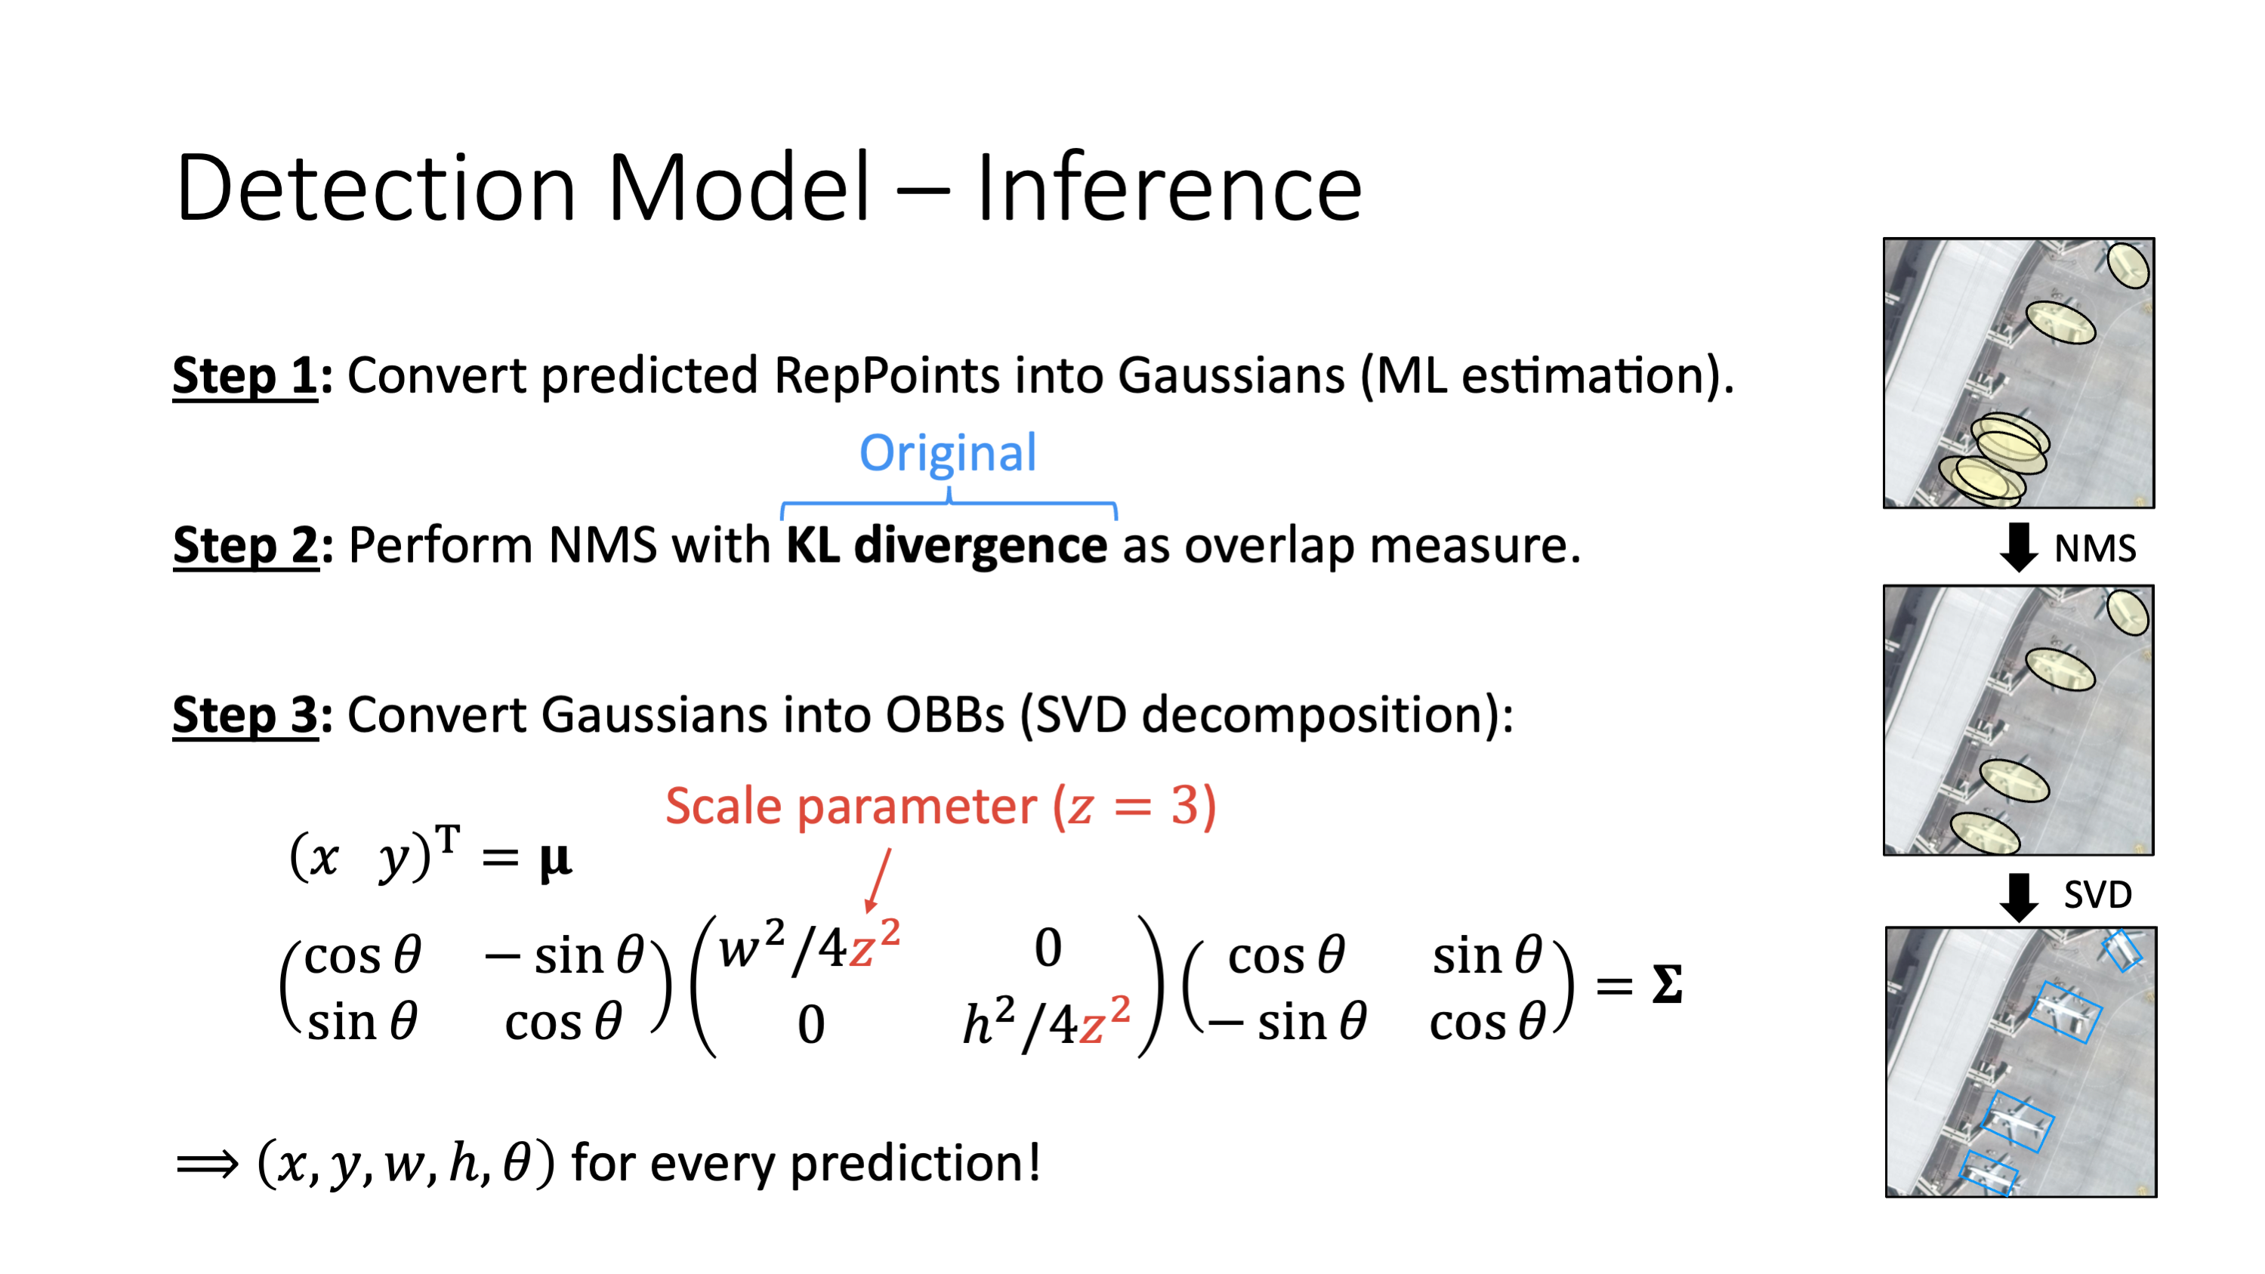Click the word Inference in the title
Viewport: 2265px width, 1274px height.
click(x=1168, y=187)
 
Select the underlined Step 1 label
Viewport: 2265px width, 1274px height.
click(x=245, y=376)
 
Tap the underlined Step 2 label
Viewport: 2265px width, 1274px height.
click(x=245, y=546)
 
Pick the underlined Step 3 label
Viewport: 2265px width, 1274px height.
click(x=245, y=715)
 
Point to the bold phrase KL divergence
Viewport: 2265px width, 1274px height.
click(x=946, y=546)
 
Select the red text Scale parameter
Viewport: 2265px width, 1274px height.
click(x=851, y=807)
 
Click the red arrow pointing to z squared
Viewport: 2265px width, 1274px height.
click(x=878, y=880)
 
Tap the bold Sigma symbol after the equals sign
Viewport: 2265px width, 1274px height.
click(x=1667, y=984)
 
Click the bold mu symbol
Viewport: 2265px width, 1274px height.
click(x=556, y=861)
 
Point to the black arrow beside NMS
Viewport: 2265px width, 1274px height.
click(x=2019, y=547)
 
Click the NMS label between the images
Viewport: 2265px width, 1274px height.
click(x=2094, y=548)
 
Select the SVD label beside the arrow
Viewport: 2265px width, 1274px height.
click(x=2098, y=895)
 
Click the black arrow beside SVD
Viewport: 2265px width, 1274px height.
click(x=2019, y=898)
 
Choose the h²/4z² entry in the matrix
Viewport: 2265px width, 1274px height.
click(x=1046, y=1022)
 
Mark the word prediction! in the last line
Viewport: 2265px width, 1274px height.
click(x=915, y=1164)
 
